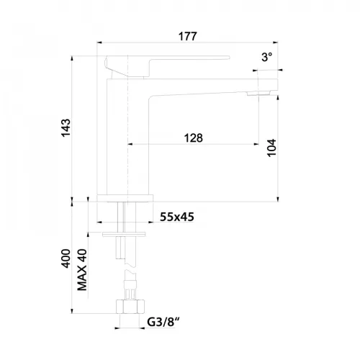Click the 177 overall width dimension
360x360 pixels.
click(x=188, y=37)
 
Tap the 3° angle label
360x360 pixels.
click(x=267, y=57)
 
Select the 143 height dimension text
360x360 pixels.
click(x=66, y=127)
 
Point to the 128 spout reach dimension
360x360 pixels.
click(x=194, y=138)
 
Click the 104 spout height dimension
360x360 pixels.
click(x=271, y=148)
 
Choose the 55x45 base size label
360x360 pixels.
click(x=177, y=217)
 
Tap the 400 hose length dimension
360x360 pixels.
click(x=66, y=258)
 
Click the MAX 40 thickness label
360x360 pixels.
click(x=82, y=270)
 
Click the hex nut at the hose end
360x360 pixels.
click(x=131, y=307)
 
